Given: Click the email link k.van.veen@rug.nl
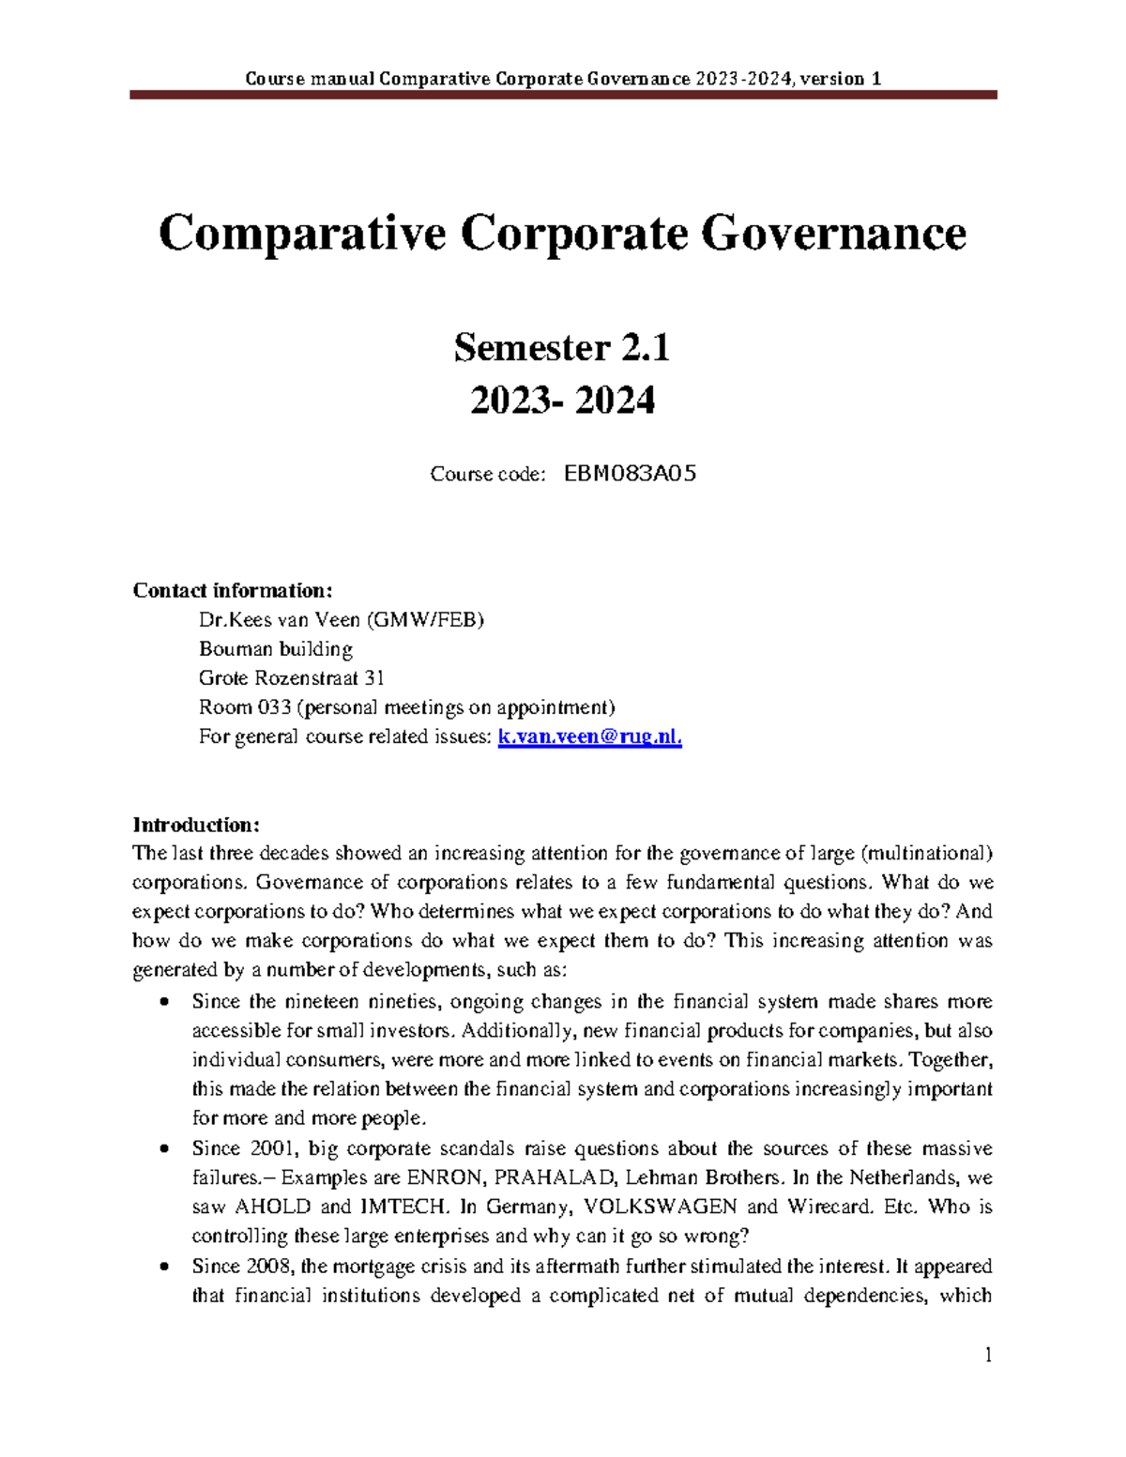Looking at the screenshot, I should click(x=589, y=737).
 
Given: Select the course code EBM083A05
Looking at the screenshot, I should click(x=630, y=474).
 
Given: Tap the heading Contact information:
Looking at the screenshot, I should click(x=233, y=590).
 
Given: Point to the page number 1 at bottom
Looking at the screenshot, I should click(x=988, y=1355).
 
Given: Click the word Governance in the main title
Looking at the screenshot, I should click(x=833, y=233).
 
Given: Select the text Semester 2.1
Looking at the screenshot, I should click(x=562, y=348).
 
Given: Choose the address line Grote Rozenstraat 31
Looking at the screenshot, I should click(x=291, y=678).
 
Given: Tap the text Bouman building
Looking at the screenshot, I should click(x=276, y=649).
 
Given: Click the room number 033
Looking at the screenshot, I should click(x=274, y=707).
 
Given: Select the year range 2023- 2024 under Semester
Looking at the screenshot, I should click(x=562, y=402).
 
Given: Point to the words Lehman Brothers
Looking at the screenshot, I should click(x=702, y=1177).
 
